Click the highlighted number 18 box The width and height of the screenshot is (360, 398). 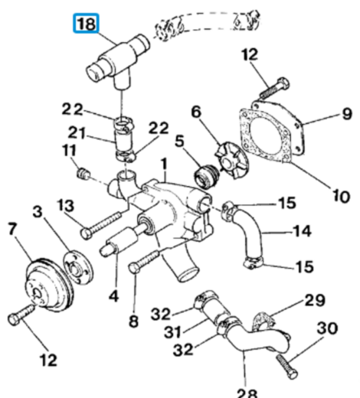coord(86,24)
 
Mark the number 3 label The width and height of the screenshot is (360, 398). coord(38,211)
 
